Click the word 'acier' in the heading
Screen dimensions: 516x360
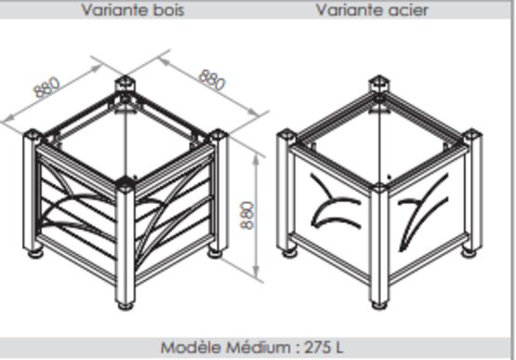408,10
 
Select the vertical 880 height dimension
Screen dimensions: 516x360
248,216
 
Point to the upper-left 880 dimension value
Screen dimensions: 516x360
47,87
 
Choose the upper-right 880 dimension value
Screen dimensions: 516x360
212,79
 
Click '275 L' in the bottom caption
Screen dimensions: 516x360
324,348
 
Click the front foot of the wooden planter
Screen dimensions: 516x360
126,306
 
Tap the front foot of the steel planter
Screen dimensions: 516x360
379,305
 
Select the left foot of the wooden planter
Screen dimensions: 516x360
35,254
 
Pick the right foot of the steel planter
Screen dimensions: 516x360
469,253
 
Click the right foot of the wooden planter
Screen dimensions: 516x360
216,254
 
